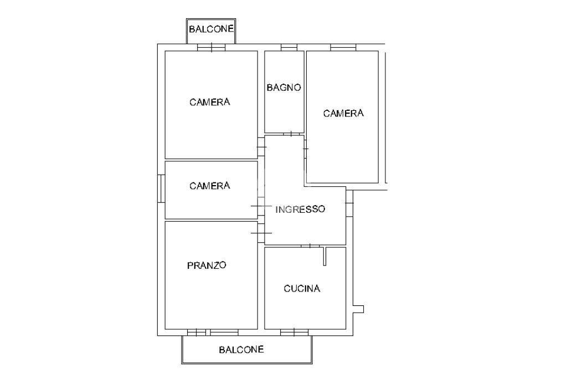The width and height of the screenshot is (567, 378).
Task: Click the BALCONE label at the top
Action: pos(211,29)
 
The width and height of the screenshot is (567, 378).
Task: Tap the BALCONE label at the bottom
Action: pos(241,350)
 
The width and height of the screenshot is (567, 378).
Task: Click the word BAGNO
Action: pos(283,88)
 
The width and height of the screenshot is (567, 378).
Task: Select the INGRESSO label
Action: pos(300,210)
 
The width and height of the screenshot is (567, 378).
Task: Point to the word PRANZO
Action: pos(207,265)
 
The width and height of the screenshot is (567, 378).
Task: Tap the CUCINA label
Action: pos(302,289)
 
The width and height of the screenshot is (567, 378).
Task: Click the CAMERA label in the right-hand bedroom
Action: pos(343,114)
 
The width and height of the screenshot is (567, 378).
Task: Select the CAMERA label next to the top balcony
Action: pos(210,102)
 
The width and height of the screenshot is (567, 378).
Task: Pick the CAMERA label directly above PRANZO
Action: pos(210,186)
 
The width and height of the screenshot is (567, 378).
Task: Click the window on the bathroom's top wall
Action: pos(288,48)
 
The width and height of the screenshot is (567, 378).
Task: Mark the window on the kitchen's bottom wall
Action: pos(294,332)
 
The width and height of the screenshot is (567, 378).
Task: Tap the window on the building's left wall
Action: pos(161,189)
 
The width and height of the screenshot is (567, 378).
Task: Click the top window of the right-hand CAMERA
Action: pos(343,48)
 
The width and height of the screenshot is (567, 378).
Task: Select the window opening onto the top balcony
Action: pos(211,48)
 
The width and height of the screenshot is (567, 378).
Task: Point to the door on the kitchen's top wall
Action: pos(310,246)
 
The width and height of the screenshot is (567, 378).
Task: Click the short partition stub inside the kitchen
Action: pos(326,256)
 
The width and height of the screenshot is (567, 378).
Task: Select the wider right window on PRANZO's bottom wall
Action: pos(224,332)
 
